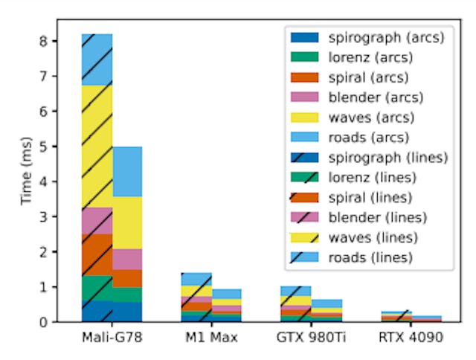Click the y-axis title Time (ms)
27,171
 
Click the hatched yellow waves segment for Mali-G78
97,146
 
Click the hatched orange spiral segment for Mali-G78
97,254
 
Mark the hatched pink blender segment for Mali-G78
97,220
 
